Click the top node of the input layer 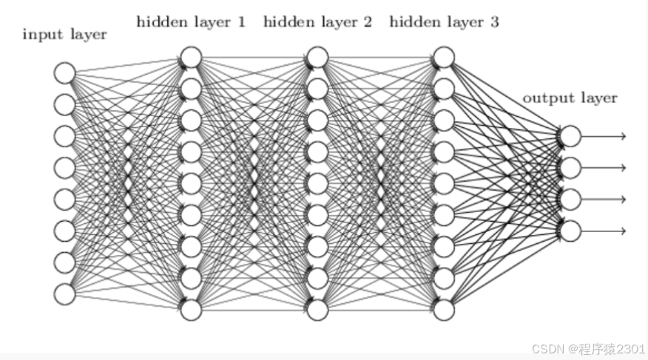tap(64, 73)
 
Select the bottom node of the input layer tap(64, 294)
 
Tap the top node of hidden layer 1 tap(191, 57)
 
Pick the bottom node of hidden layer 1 tap(191, 310)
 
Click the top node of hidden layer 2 tap(317, 57)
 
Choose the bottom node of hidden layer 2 tap(317, 310)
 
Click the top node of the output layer tap(570, 136)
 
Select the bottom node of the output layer tap(570, 231)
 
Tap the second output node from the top tap(570, 168)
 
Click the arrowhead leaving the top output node tap(624, 136)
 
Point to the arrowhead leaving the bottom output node tap(624, 231)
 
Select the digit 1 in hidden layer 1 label tap(240, 22)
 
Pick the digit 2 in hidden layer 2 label tap(367, 22)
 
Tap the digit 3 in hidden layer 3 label tap(494, 22)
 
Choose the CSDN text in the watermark tap(549, 347)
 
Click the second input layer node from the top tap(64, 105)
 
